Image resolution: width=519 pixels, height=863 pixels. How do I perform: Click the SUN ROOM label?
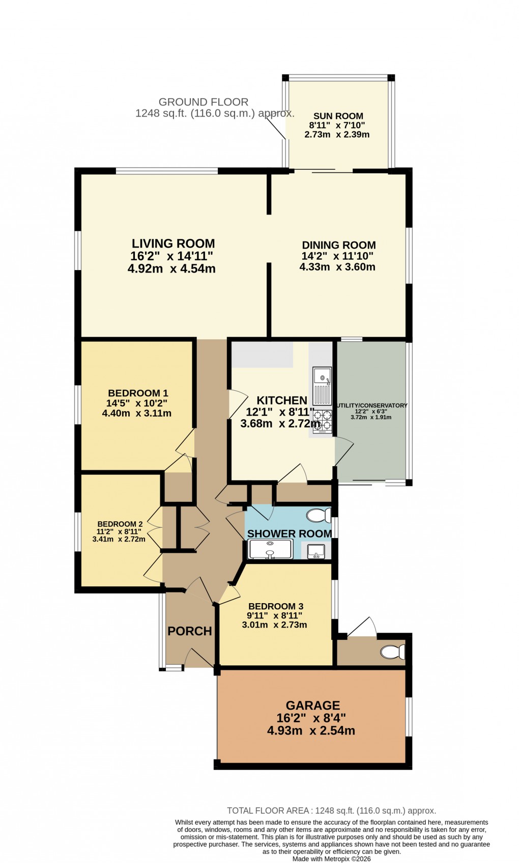(x=338, y=116)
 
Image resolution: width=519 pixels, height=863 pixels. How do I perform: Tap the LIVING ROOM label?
(x=173, y=244)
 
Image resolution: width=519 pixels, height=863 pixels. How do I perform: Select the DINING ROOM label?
(x=339, y=245)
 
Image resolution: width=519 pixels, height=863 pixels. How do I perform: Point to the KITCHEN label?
(x=281, y=400)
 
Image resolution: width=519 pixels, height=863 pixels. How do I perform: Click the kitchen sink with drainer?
(x=322, y=386)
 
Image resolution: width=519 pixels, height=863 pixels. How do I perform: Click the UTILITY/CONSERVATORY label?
(x=372, y=406)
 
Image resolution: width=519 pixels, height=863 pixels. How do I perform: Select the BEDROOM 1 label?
(x=138, y=393)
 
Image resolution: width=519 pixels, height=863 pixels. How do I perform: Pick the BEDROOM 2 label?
(x=120, y=524)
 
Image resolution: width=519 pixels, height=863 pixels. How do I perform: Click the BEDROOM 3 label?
(x=276, y=606)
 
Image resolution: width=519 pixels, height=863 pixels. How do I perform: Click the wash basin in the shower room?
(x=316, y=551)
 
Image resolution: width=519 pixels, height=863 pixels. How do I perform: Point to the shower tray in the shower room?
(x=270, y=549)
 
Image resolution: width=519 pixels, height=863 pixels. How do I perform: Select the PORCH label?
(x=189, y=631)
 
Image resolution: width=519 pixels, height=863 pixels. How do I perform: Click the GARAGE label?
(x=312, y=706)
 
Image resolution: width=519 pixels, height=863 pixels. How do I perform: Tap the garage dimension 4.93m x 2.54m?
(x=311, y=731)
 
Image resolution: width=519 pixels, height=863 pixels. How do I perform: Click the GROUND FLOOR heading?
(x=204, y=102)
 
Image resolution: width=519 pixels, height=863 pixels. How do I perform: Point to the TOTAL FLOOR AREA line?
(x=331, y=811)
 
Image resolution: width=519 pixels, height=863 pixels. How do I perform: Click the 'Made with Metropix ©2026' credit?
(x=331, y=859)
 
